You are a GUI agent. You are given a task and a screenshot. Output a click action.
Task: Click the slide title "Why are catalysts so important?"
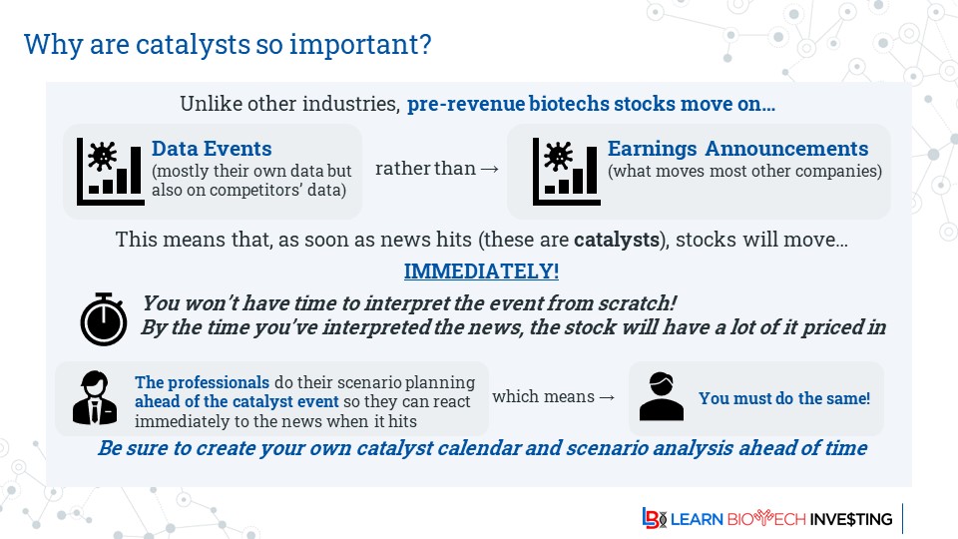(228, 45)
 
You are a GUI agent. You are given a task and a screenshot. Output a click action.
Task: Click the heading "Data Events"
(212, 149)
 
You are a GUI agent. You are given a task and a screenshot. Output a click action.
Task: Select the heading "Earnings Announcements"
(737, 149)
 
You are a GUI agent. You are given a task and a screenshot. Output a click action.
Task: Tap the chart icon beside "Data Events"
(110, 171)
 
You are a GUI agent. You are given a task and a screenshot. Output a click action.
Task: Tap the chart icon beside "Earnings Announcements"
(565, 171)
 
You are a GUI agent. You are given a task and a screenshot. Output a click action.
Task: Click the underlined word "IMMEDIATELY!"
(481, 271)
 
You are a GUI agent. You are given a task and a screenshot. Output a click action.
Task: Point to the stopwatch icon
(105, 318)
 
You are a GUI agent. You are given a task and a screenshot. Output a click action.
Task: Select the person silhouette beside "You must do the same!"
(661, 397)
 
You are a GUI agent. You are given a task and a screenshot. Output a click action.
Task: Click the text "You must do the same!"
(784, 398)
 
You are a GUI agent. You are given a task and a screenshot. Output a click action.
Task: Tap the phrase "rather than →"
(436, 169)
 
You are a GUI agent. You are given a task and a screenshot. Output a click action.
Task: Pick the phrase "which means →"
(553, 396)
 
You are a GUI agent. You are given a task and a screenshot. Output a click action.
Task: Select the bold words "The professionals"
(203, 382)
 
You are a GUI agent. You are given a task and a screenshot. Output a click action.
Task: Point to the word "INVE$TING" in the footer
(851, 519)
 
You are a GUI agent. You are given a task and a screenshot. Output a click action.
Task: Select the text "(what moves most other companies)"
(744, 170)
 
